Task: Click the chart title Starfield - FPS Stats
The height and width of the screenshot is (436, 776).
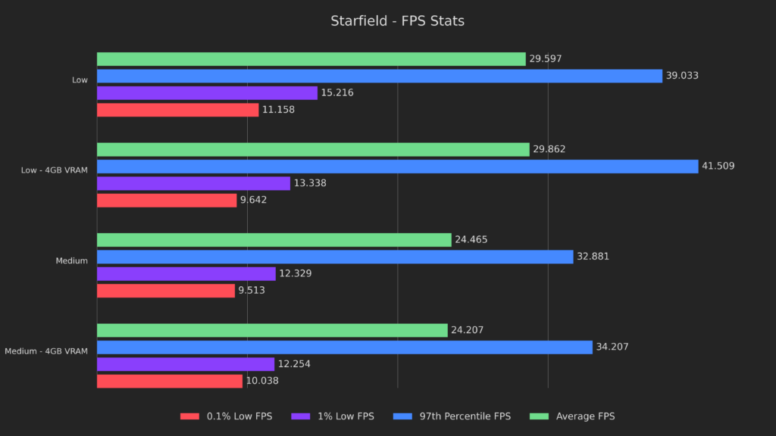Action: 397,21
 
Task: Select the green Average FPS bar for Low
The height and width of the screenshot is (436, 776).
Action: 311,59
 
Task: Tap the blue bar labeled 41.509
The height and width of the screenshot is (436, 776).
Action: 397,167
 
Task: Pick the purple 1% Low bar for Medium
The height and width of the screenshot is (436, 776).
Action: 186,274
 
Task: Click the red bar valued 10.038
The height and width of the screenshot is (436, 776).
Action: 170,381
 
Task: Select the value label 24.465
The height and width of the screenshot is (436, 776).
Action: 471,240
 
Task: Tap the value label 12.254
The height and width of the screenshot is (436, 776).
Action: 294,364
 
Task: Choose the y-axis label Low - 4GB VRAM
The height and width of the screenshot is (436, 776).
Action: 55,170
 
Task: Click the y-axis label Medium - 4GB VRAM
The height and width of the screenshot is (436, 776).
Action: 46,351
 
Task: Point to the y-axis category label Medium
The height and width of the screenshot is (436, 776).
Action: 71,261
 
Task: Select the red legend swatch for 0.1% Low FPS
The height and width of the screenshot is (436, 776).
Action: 189,416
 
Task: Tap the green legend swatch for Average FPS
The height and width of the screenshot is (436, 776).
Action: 539,416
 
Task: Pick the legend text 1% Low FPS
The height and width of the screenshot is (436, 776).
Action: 346,416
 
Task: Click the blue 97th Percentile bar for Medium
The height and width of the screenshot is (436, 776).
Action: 335,257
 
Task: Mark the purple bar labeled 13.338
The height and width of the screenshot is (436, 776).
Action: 193,183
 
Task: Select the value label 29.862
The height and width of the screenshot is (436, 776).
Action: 549,150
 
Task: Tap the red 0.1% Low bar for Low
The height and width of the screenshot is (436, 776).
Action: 177,110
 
